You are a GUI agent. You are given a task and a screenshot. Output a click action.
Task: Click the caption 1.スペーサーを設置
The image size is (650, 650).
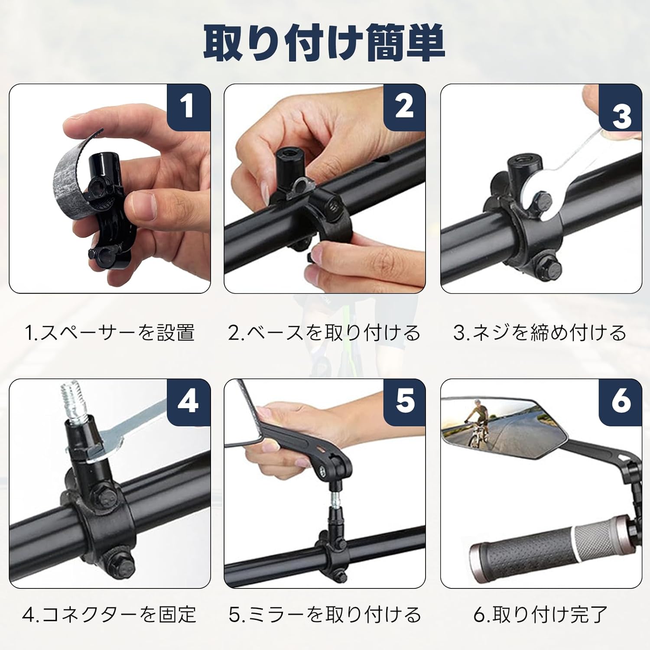(110, 332)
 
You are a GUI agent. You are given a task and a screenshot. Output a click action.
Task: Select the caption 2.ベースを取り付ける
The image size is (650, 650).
(325, 332)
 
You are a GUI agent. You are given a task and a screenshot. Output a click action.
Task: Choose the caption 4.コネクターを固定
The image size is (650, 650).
(110, 614)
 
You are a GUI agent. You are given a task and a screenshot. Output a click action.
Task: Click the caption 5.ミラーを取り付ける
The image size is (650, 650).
(325, 614)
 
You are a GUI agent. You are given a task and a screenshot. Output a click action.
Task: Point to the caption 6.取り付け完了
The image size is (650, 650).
(540, 614)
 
